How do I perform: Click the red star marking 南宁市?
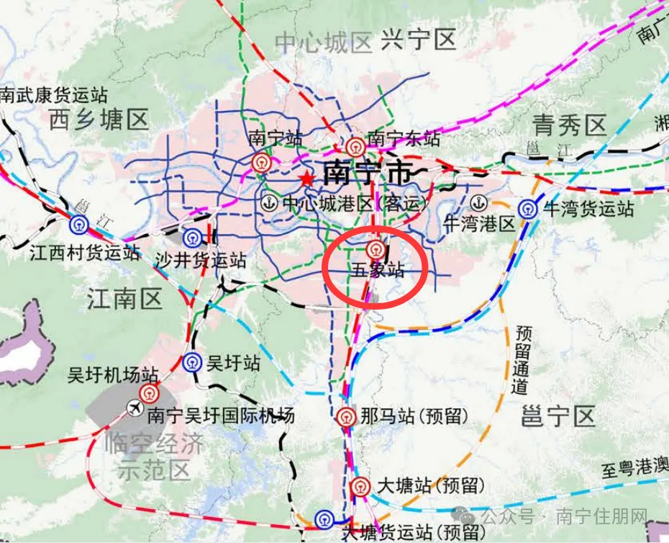point(307,178)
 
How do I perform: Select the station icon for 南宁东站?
point(354,147)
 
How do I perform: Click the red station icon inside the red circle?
point(374,249)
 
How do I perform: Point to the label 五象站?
point(377,271)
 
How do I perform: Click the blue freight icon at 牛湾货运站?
point(529,209)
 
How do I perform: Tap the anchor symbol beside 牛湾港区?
point(477,203)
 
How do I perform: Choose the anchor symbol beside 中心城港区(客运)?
point(270,203)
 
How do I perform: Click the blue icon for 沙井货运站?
point(192,238)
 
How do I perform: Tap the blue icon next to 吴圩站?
point(192,362)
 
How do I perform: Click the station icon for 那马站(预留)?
point(345,416)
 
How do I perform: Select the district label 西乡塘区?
point(99,119)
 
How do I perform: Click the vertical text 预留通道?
point(522,359)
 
